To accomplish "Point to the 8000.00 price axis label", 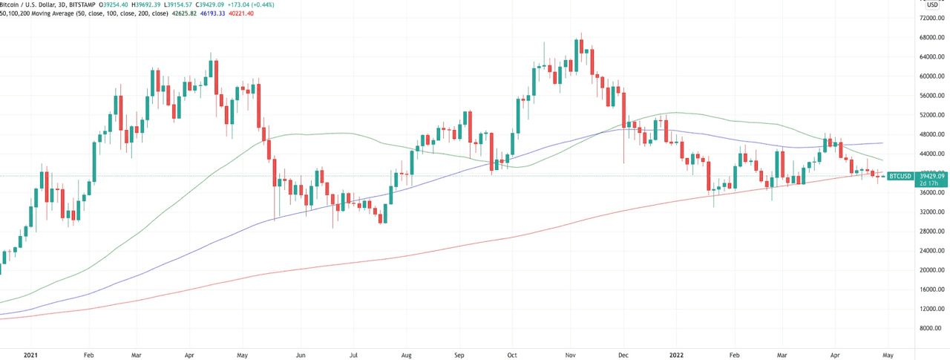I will click(931, 328).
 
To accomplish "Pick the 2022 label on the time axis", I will click(677, 354).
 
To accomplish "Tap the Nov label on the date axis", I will click(571, 354).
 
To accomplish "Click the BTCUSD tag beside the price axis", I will click(900, 177).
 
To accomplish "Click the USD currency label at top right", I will click(931, 5).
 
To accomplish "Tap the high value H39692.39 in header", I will click(172, 4).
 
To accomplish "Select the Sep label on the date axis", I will click(459, 354).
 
